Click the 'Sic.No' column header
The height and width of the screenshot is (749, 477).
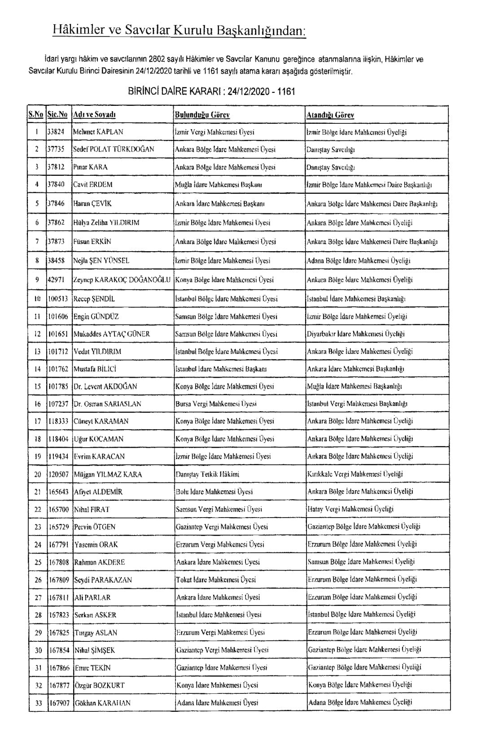(58, 115)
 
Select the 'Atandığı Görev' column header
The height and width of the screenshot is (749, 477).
(330, 115)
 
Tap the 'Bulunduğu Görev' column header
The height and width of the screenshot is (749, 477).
(202, 115)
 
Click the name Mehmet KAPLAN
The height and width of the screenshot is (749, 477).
(98, 132)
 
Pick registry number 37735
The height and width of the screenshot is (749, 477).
(56, 149)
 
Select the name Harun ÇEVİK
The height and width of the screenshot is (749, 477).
(92, 203)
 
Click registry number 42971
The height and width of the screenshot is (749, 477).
(56, 280)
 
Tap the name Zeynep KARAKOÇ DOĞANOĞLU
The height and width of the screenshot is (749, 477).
(122, 280)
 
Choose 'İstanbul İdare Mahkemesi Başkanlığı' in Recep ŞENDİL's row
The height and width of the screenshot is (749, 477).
(356, 298)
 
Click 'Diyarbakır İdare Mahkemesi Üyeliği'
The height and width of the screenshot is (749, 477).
(356, 334)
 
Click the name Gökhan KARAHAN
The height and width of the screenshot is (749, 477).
(102, 703)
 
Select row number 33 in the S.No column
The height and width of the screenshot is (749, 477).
(38, 703)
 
